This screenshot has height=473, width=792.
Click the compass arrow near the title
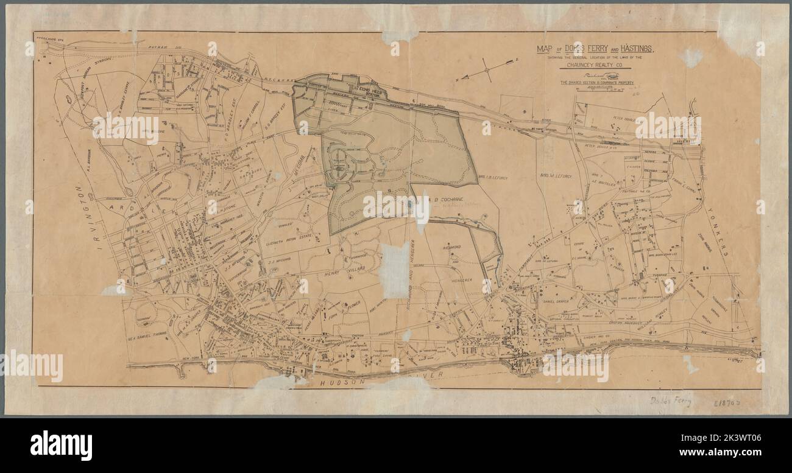pos(487,70)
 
